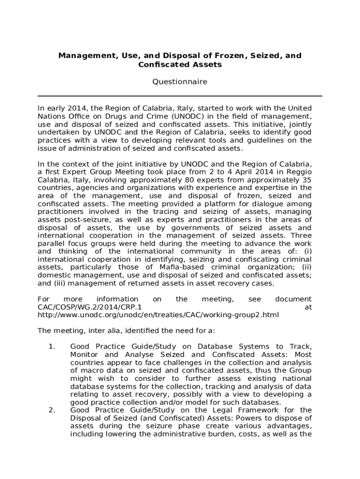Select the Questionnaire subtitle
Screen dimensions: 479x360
(x=180, y=82)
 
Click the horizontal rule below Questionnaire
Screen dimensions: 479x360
(x=180, y=96)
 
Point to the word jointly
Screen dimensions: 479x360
(x=298, y=124)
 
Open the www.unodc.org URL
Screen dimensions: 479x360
(x=158, y=315)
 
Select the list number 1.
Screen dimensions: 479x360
(x=52, y=347)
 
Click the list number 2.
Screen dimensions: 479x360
(x=52, y=410)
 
